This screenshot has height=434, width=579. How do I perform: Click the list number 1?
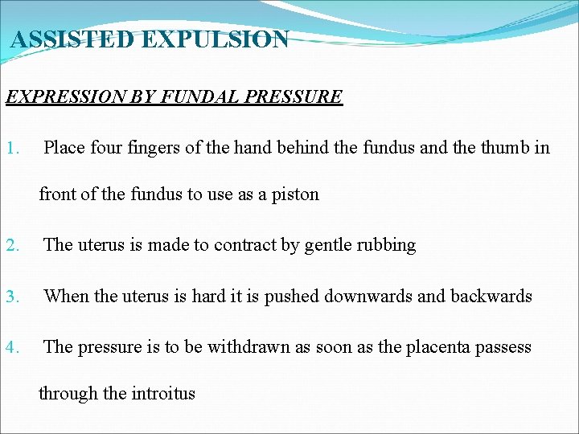coord(11,148)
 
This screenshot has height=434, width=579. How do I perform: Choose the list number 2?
coord(11,245)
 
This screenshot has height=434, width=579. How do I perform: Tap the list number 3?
coord(11,297)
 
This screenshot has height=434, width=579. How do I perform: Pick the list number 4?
coord(11,347)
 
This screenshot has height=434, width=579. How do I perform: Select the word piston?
coord(295,194)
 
